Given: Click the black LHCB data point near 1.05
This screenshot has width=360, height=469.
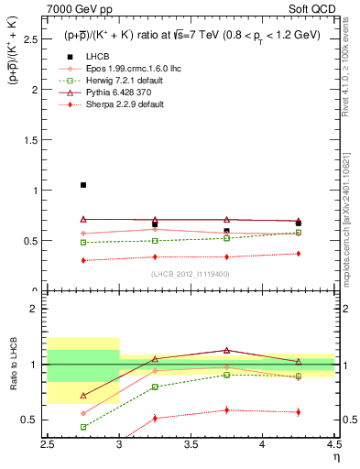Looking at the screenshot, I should [83, 185].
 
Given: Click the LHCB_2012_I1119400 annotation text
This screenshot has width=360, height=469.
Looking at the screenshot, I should [190, 274].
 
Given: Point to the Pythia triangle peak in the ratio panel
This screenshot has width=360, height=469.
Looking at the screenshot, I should [226, 350].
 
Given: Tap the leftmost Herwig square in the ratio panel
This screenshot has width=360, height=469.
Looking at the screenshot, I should [83, 427].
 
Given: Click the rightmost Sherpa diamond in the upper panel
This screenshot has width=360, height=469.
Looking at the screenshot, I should [298, 254].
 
